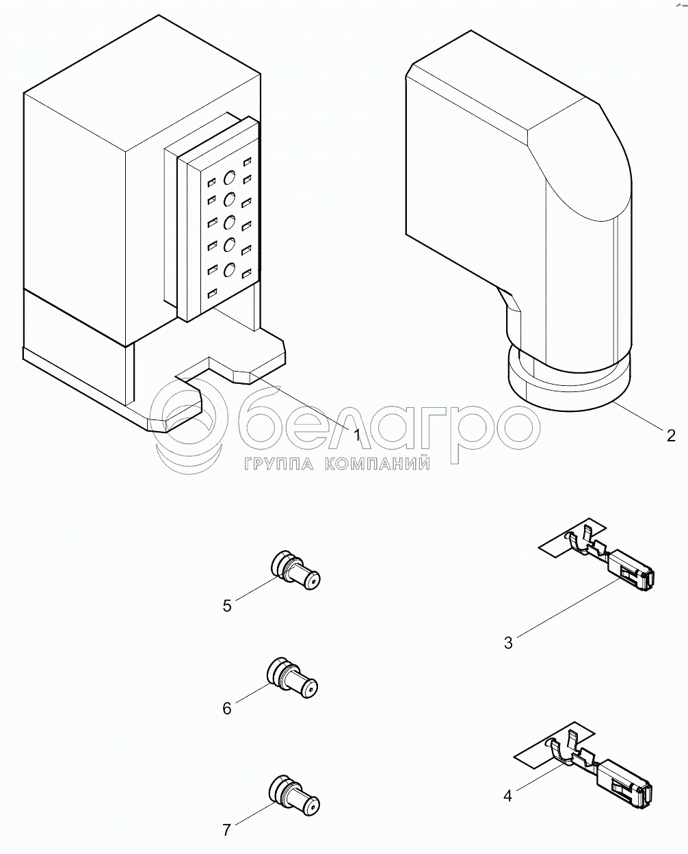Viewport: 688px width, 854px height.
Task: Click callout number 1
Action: [x=357, y=435]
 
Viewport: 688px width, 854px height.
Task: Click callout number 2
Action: [x=670, y=436]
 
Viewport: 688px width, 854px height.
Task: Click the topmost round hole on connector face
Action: [x=229, y=177]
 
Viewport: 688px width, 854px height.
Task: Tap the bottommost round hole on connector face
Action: [x=229, y=270]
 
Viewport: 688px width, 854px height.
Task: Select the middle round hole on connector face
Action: [x=229, y=222]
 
